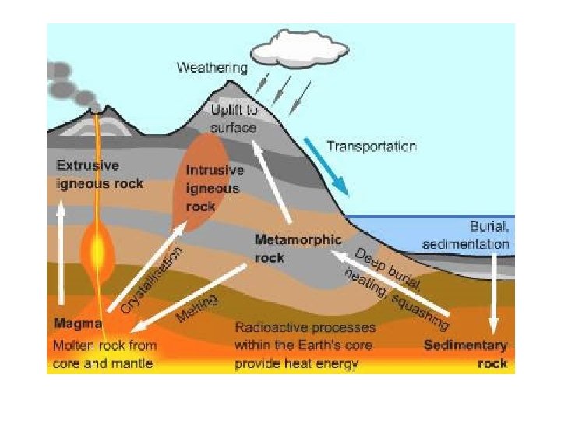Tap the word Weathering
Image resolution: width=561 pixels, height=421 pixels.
pyautogui.click(x=212, y=67)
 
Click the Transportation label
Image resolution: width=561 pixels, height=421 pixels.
pyautogui.click(x=371, y=146)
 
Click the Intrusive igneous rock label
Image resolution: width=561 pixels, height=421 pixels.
pyautogui.click(x=214, y=188)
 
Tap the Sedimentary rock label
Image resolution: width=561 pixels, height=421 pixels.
pyautogui.click(x=465, y=353)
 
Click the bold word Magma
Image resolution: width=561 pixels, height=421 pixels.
pyautogui.click(x=75, y=323)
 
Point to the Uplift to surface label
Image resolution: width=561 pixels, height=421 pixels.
pyautogui.click(x=233, y=119)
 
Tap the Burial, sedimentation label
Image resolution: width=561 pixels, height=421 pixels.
pyautogui.click(x=466, y=235)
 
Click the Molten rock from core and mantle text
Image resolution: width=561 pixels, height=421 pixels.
pyautogui.click(x=104, y=353)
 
